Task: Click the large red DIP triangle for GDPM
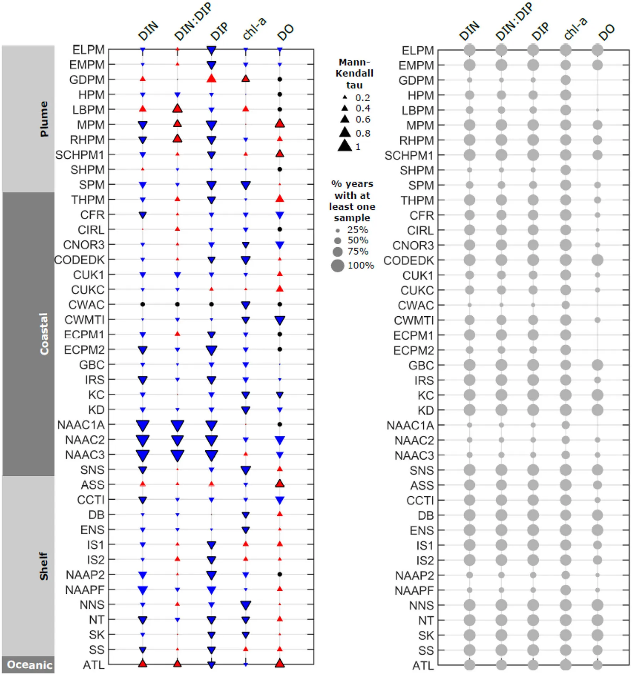click(211, 78)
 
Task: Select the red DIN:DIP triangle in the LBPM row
click(177, 108)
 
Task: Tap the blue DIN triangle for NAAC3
click(143, 455)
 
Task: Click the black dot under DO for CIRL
click(280, 229)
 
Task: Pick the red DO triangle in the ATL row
click(280, 663)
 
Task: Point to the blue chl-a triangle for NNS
click(245, 605)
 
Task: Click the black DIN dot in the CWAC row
click(143, 304)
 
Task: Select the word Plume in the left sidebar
click(44, 119)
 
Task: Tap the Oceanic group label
click(30, 665)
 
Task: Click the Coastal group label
click(44, 334)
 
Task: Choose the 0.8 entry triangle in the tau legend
click(345, 132)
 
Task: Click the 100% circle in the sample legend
click(337, 266)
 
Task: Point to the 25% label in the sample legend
click(357, 230)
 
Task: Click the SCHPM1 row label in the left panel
click(80, 155)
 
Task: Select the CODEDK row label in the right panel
click(408, 261)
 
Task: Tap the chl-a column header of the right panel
click(575, 29)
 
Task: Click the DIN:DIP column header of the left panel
click(193, 22)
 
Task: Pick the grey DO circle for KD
click(597, 410)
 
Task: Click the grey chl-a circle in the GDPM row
click(565, 80)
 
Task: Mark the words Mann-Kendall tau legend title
click(354, 73)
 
